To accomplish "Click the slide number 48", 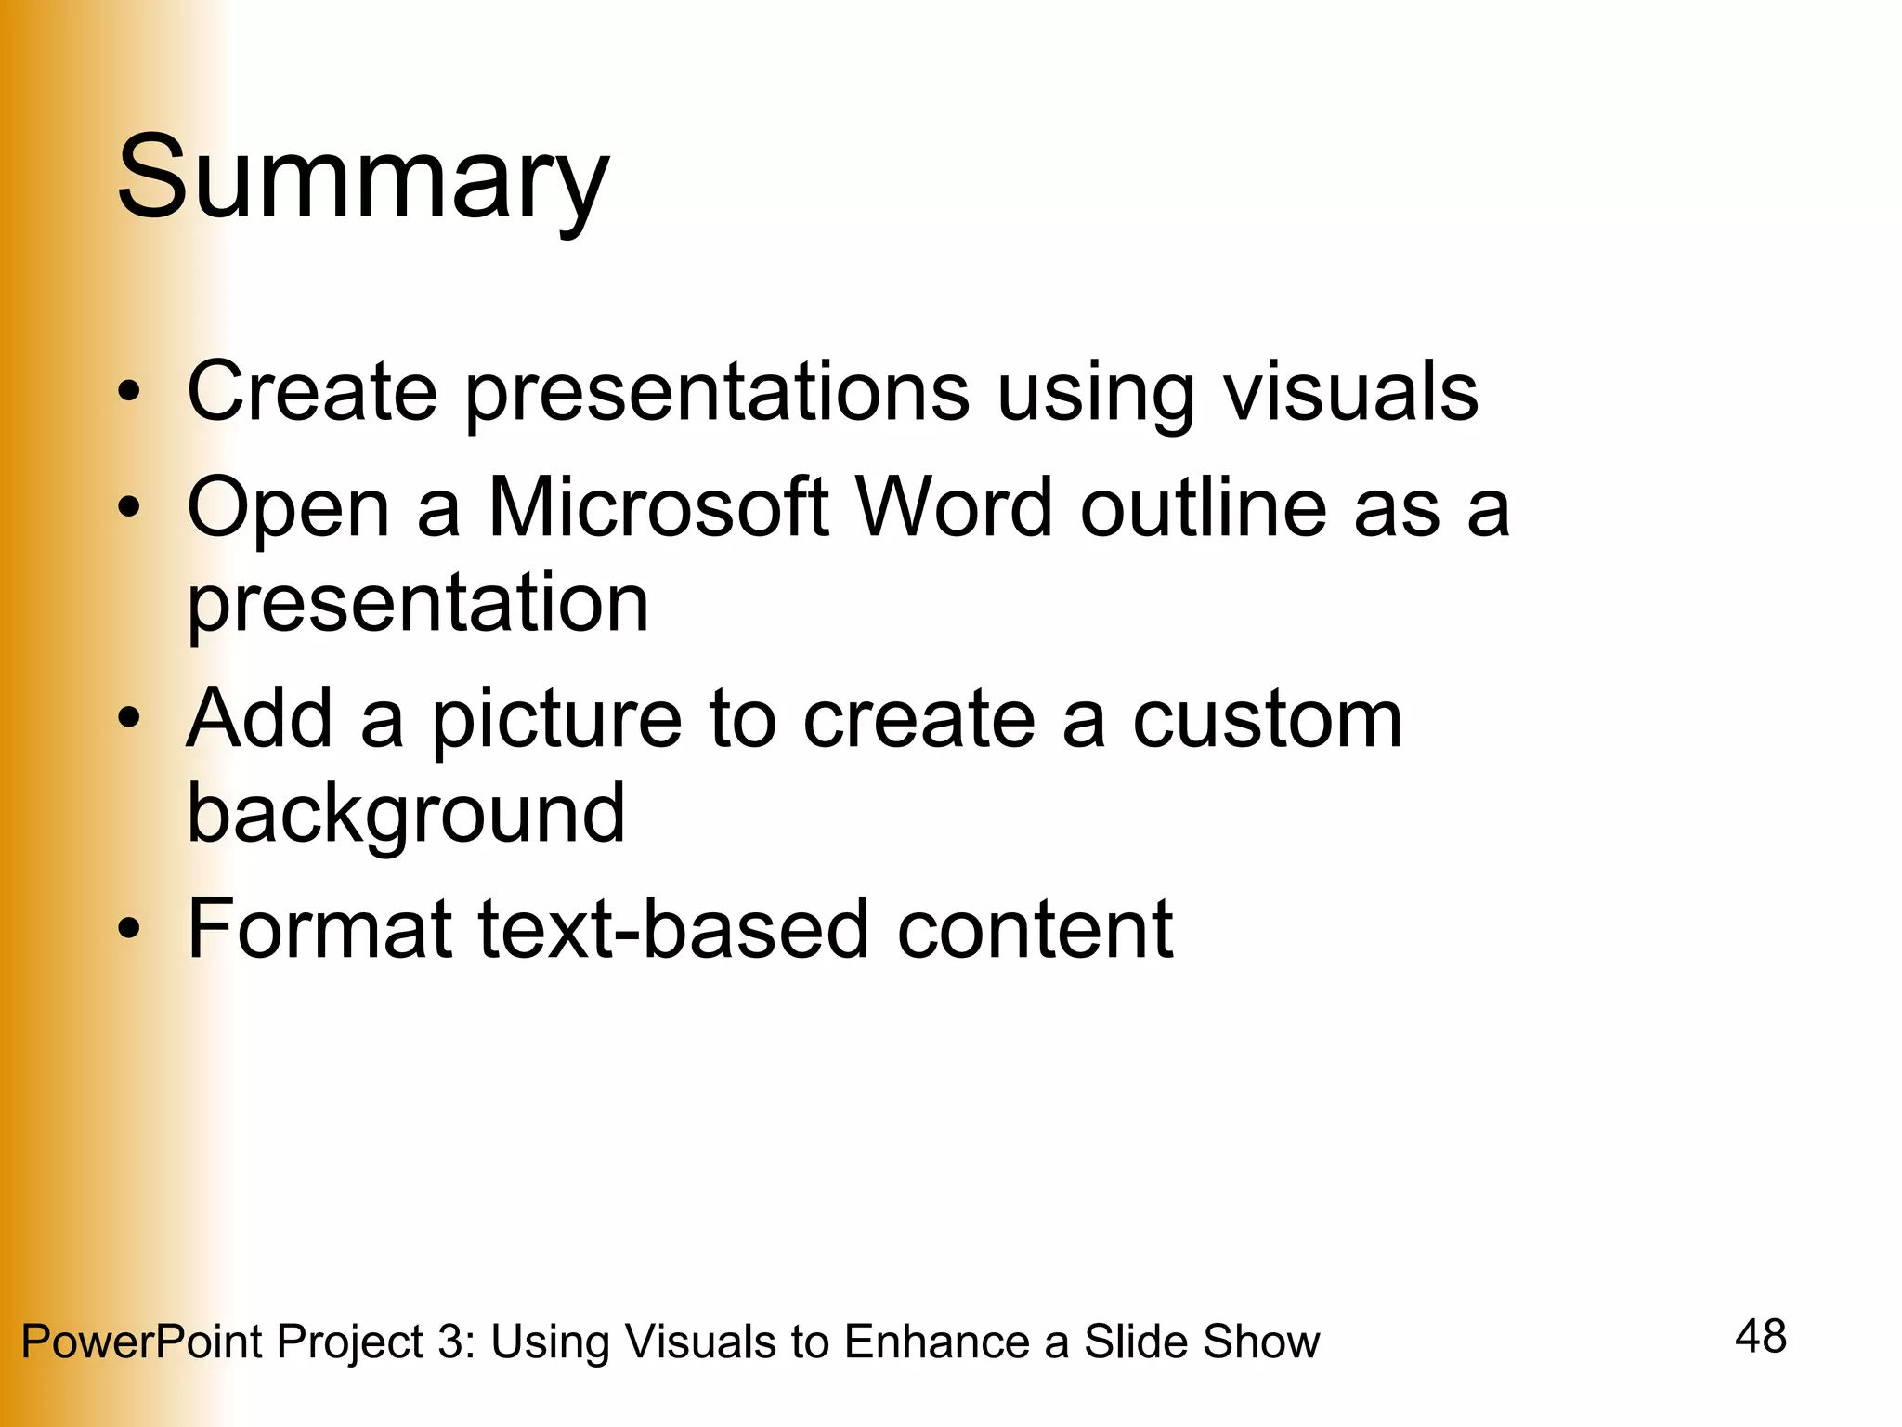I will point(1760,1337).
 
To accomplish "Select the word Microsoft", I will point(658,508).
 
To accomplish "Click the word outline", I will point(1204,508).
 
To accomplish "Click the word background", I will point(406,815).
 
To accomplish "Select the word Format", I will point(319,929).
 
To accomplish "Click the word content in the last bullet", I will point(1035,929).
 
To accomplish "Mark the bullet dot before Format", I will point(129,930).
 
